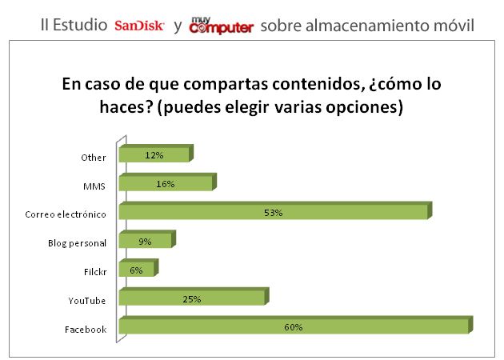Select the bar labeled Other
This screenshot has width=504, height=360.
pos(176,155)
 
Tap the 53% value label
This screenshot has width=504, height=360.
pos(274,213)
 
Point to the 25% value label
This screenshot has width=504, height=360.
pos(191,299)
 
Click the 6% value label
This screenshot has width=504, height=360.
pos(136,270)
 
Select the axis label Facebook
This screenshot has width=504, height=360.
pos(86,329)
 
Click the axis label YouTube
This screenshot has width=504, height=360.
pos(88,300)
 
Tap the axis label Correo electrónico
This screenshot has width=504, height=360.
pos(66,214)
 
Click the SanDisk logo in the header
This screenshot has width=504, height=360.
pos(139,26)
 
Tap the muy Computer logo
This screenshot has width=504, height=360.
pos(221,26)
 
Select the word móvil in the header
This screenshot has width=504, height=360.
pos(454,26)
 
